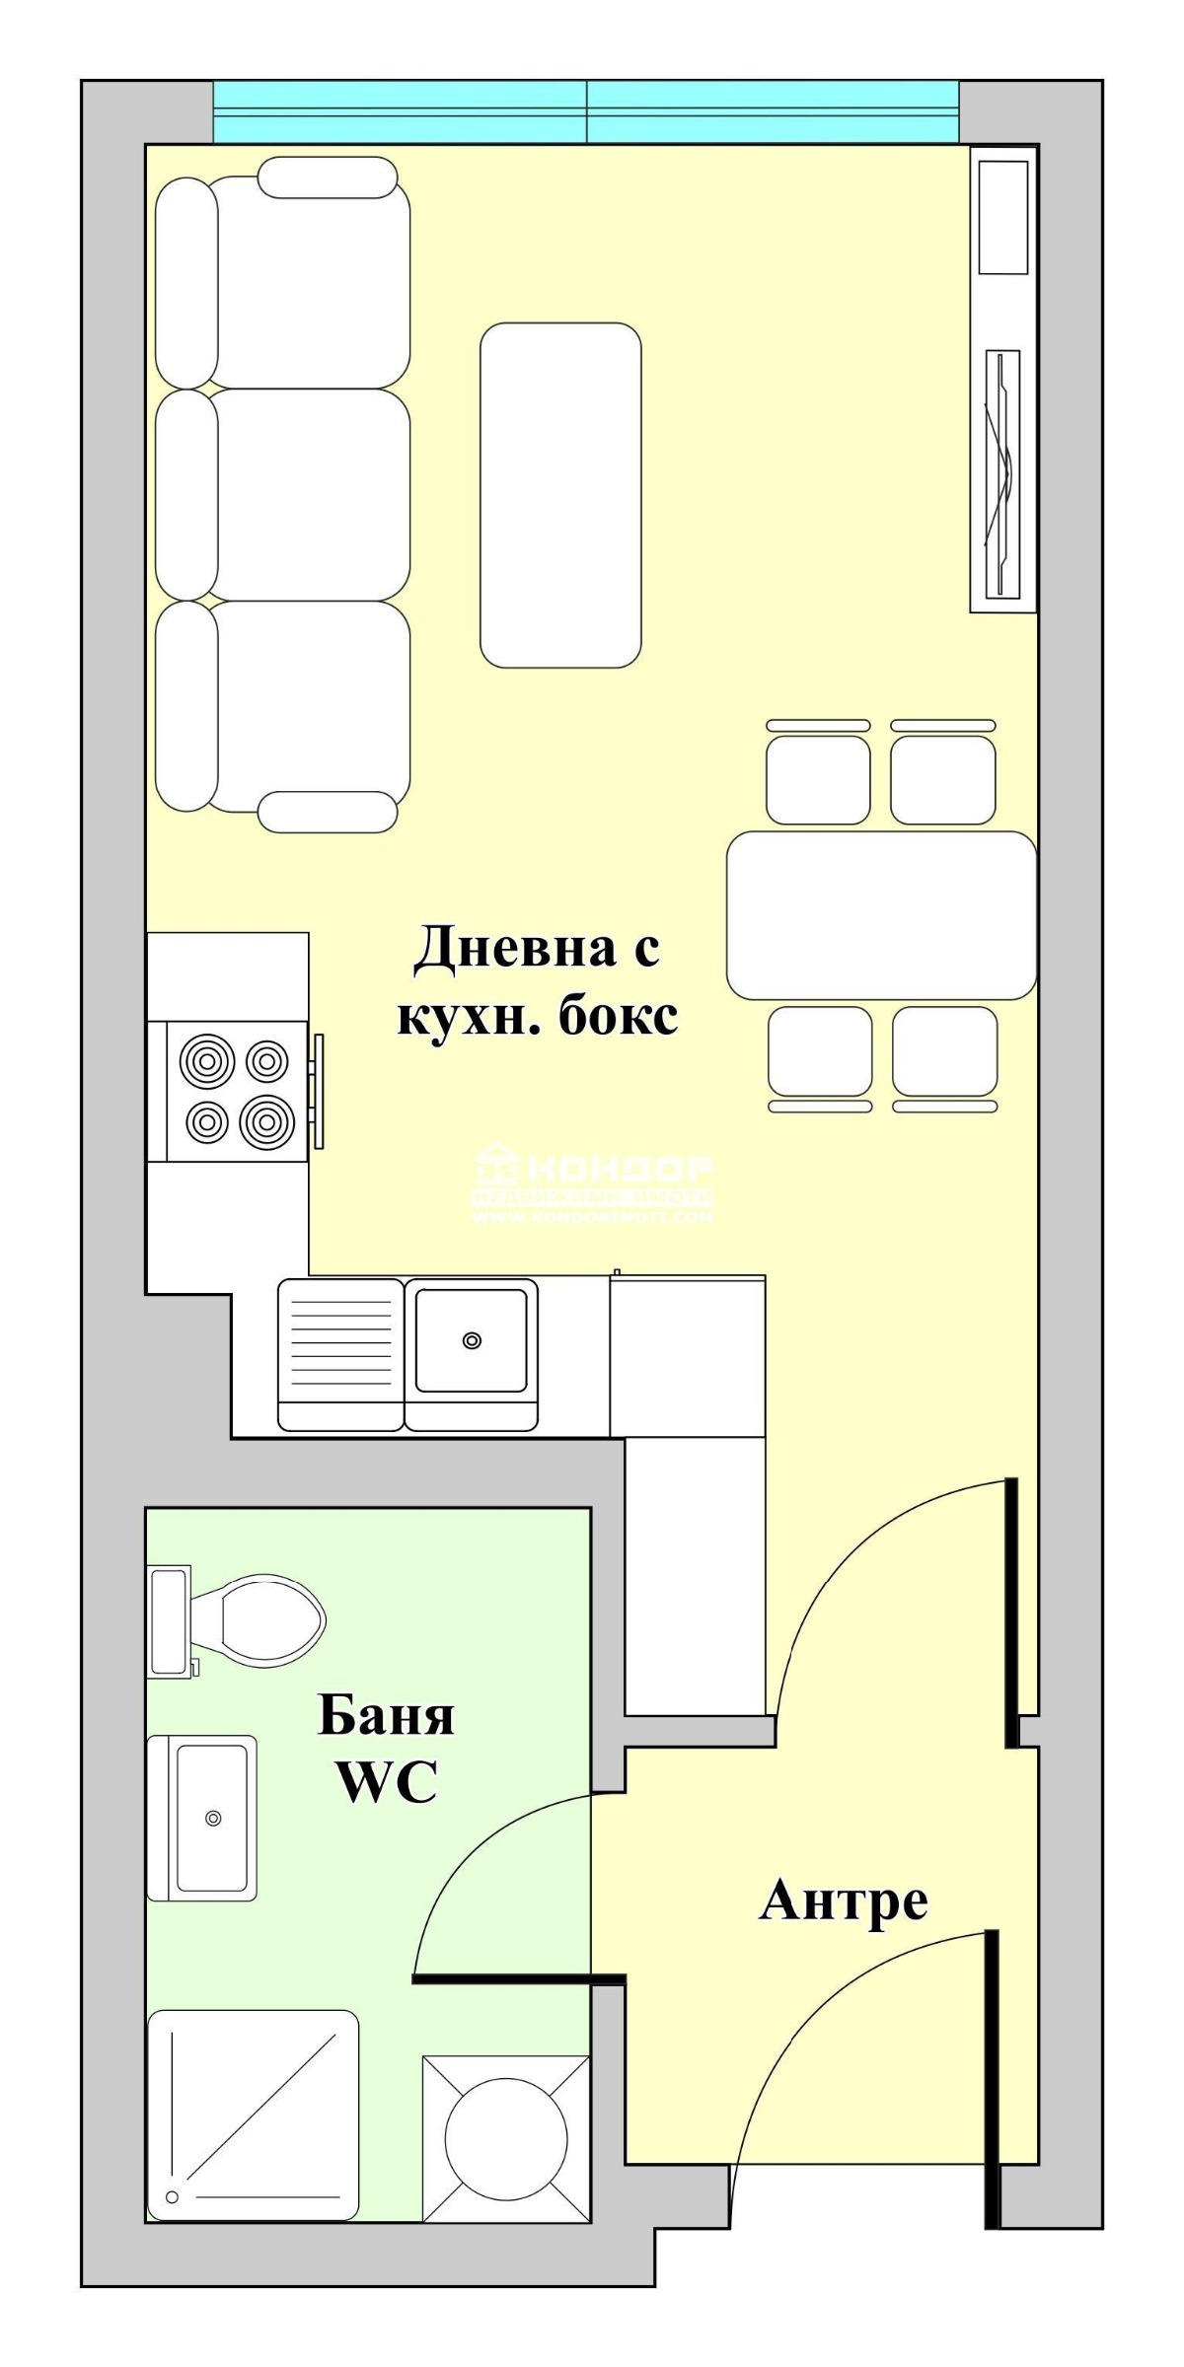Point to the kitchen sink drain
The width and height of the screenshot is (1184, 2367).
pos(472,1340)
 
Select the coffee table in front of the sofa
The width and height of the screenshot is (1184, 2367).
pos(560,495)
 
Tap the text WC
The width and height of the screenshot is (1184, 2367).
pos(387,1780)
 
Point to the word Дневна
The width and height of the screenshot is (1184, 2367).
pos(496,949)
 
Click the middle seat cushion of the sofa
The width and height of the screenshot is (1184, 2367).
pos(311,494)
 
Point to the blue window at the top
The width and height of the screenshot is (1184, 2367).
pos(586,111)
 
